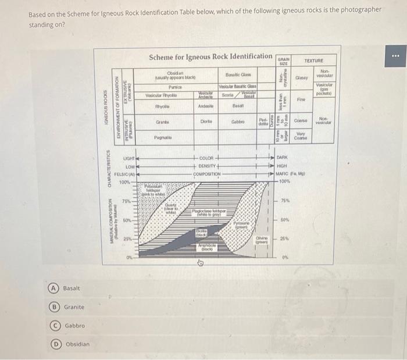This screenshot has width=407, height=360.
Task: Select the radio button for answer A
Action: [x=52, y=288]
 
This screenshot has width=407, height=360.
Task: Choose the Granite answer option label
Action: [x=74, y=307]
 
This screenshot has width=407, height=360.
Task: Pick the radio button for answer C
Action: [x=52, y=326]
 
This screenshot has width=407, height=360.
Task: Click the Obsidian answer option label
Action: [x=77, y=344]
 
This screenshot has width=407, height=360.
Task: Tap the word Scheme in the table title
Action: [x=165, y=57]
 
